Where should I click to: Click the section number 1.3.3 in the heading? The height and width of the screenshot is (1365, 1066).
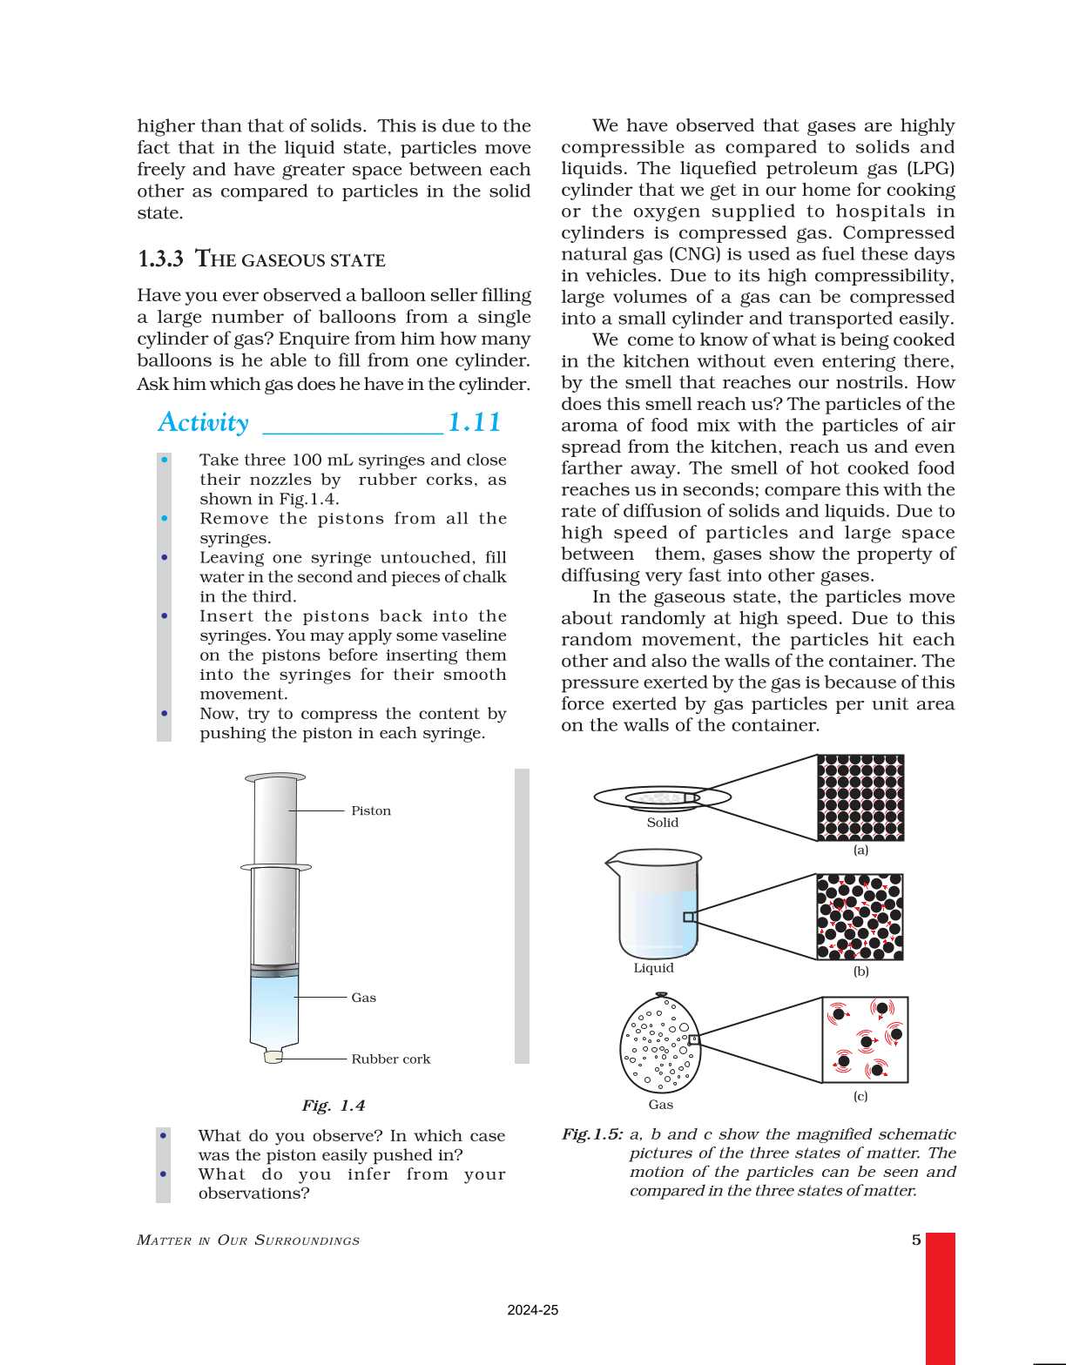[x=160, y=259]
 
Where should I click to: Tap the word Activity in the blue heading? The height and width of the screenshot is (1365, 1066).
[x=203, y=422]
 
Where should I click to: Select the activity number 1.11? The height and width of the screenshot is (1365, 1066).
[x=474, y=422]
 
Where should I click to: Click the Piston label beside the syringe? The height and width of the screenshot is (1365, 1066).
[x=371, y=810]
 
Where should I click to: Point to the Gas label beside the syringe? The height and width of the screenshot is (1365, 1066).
[x=363, y=998]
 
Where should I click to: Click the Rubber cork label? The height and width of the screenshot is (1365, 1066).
[x=390, y=1059]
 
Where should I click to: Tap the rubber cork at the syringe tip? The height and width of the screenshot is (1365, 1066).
[x=273, y=1057]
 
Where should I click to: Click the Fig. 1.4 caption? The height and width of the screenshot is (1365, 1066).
[x=333, y=1106]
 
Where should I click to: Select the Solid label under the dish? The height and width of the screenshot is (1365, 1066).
[x=662, y=823]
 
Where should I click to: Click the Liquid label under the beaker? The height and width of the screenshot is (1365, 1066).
[x=653, y=968]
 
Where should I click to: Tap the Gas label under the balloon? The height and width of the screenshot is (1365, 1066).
[x=660, y=1105]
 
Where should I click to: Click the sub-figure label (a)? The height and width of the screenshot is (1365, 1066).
[x=860, y=851]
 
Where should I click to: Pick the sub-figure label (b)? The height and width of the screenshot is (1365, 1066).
[x=860, y=972]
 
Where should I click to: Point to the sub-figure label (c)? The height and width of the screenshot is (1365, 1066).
[x=860, y=1097]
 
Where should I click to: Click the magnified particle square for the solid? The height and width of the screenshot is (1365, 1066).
[x=860, y=797]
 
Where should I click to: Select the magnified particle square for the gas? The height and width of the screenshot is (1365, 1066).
[x=865, y=1039]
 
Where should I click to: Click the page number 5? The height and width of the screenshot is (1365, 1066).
[x=916, y=1241]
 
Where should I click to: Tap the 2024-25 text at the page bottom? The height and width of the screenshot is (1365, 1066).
[x=532, y=1310]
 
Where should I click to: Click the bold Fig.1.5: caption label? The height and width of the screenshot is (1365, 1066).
[x=592, y=1134]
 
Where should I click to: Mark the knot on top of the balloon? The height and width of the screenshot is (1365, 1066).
[x=661, y=994]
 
